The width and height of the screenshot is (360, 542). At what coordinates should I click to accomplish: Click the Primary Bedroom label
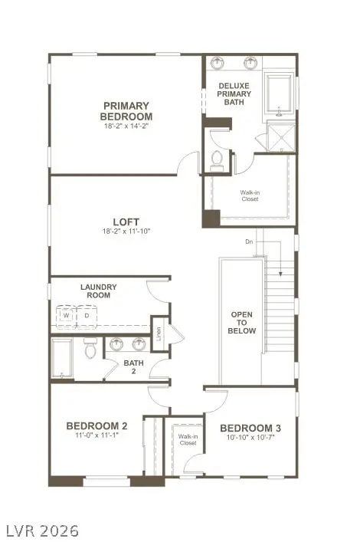[x=126, y=111]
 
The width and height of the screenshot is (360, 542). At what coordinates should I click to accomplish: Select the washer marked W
[x=67, y=315]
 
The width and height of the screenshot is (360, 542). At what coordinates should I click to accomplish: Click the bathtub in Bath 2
[x=61, y=358]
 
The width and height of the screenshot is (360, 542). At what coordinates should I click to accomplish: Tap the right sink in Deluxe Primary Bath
[x=250, y=63]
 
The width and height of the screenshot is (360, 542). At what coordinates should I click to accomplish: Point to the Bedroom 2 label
[x=97, y=426]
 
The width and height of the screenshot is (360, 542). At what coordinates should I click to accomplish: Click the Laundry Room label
[x=99, y=291]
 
